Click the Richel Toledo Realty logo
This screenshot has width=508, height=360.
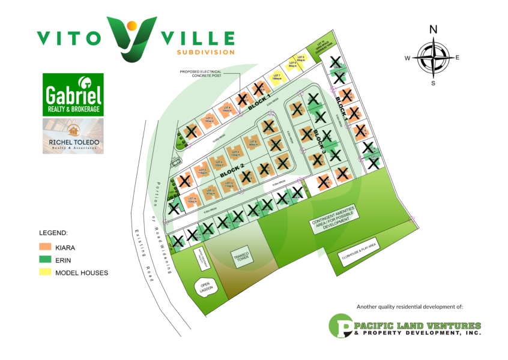pos(73,136)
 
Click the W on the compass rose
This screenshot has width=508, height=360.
pos(407,58)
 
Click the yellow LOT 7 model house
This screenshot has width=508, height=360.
pos(276,76)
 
